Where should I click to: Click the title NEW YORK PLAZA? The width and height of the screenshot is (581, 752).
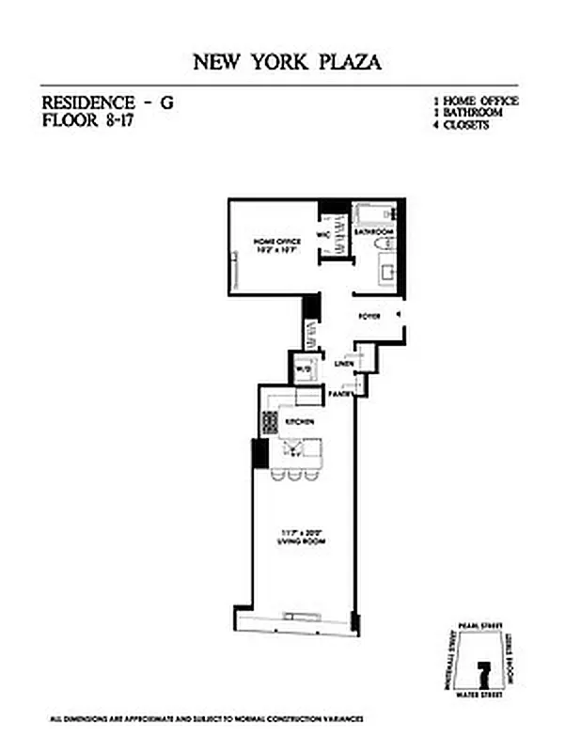pos(288,63)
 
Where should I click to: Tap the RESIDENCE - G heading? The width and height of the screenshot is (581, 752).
pos(108,104)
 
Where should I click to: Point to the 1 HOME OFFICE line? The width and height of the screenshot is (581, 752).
pos(475,101)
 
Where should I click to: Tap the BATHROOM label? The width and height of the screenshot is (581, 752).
pos(373,230)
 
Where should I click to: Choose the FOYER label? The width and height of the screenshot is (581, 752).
pos(369,316)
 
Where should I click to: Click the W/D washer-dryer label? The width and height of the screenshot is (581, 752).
pos(303,369)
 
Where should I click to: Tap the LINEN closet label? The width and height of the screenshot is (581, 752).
pos(343,363)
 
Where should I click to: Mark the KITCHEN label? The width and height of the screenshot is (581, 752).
pos(299,422)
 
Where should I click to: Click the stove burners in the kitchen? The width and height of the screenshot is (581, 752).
pos(270,422)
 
